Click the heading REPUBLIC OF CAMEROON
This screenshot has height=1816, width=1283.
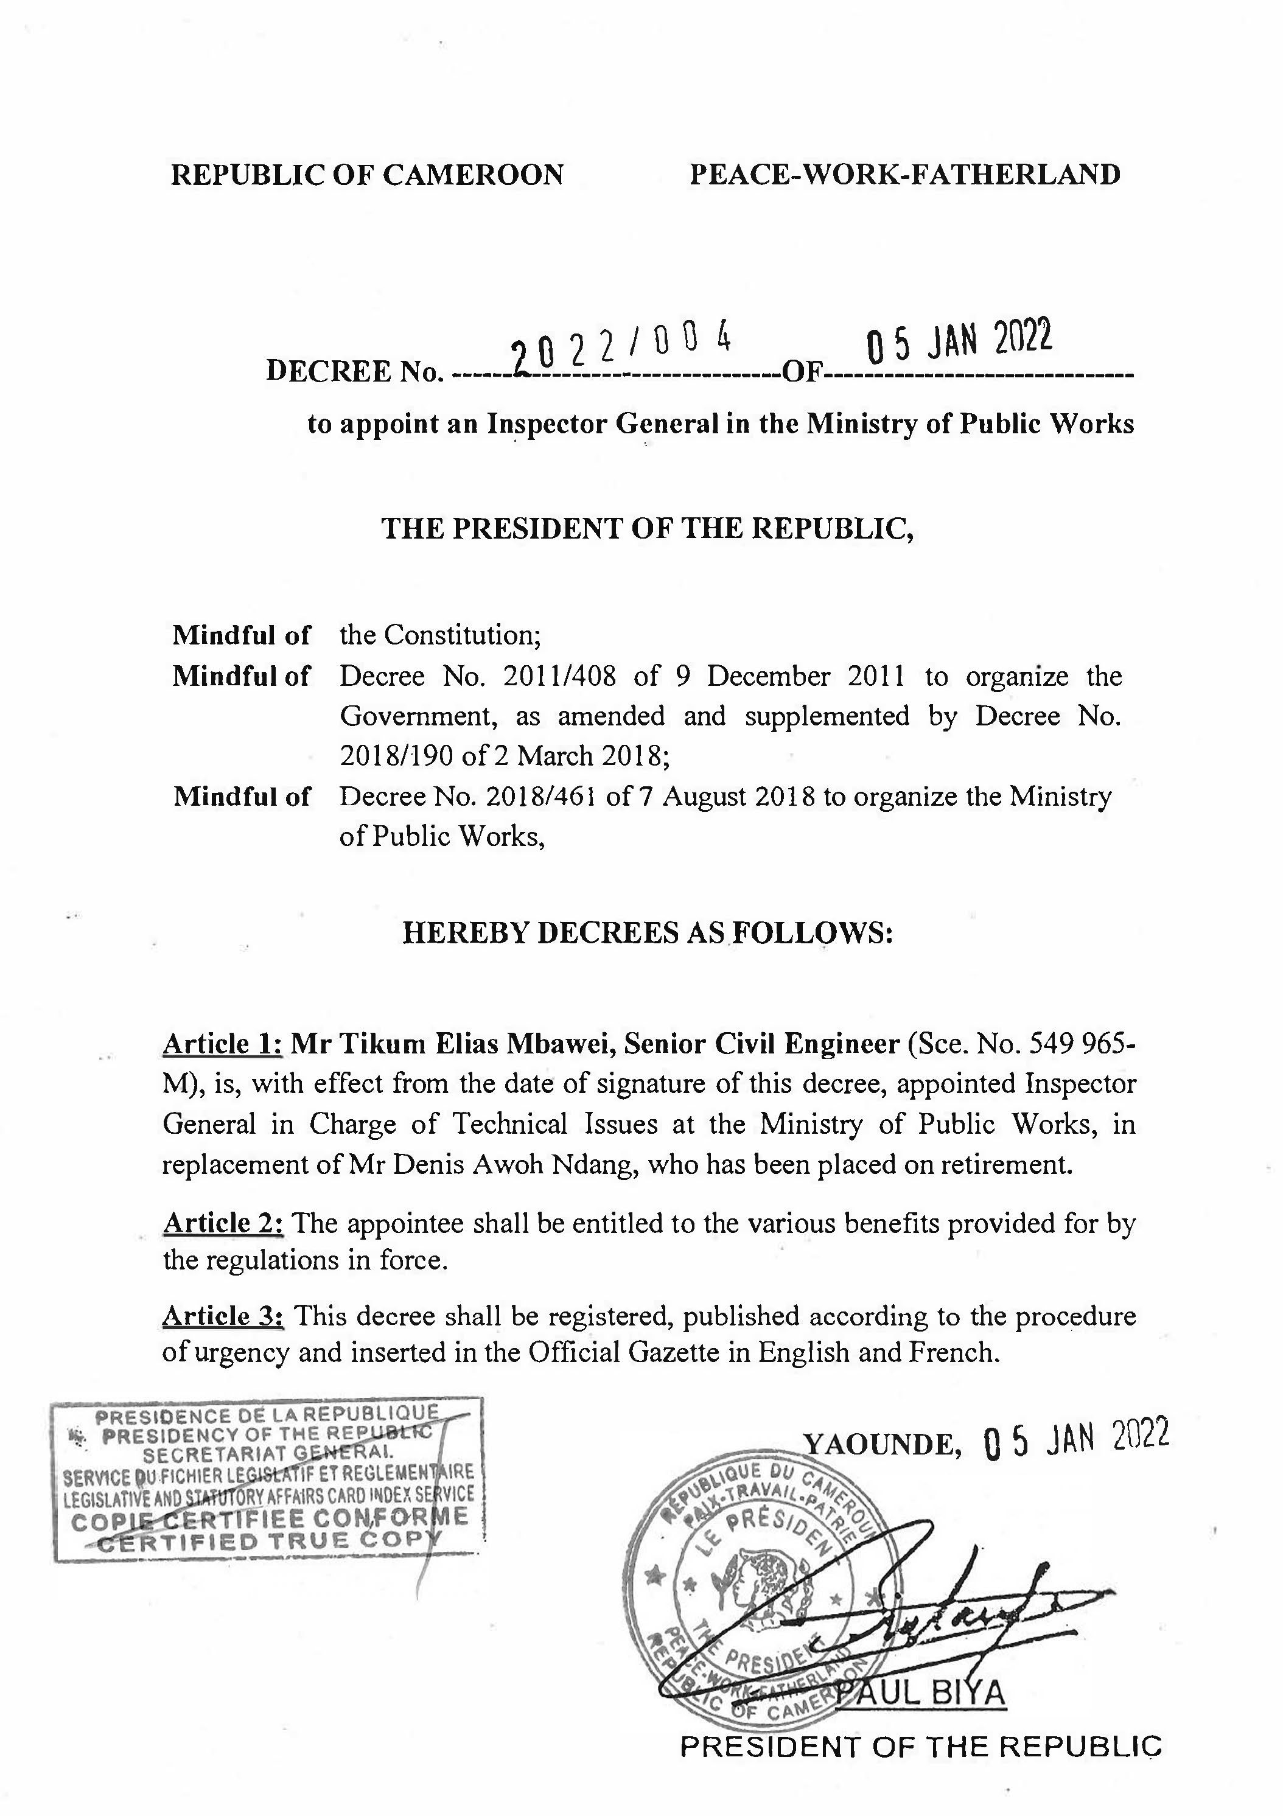tap(367, 175)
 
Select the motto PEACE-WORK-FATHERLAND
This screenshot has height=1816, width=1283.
tap(905, 175)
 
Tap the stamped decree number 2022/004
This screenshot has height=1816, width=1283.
tap(620, 346)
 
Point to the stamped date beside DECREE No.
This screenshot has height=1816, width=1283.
tap(959, 341)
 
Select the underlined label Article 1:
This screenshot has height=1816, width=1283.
tap(222, 1045)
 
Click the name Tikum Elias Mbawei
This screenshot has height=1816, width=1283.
tap(466, 1045)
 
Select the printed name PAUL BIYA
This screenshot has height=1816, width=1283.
tap(921, 1694)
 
